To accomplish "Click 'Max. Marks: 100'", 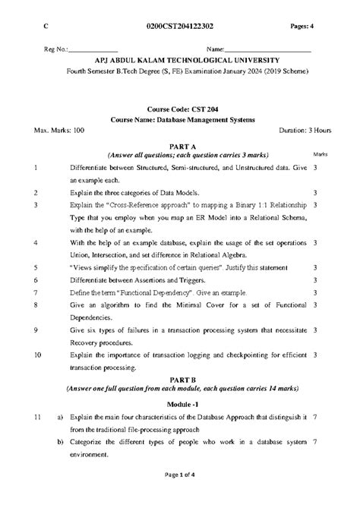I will [60, 130].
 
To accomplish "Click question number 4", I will [36, 243].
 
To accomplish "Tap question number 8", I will [36, 304].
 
